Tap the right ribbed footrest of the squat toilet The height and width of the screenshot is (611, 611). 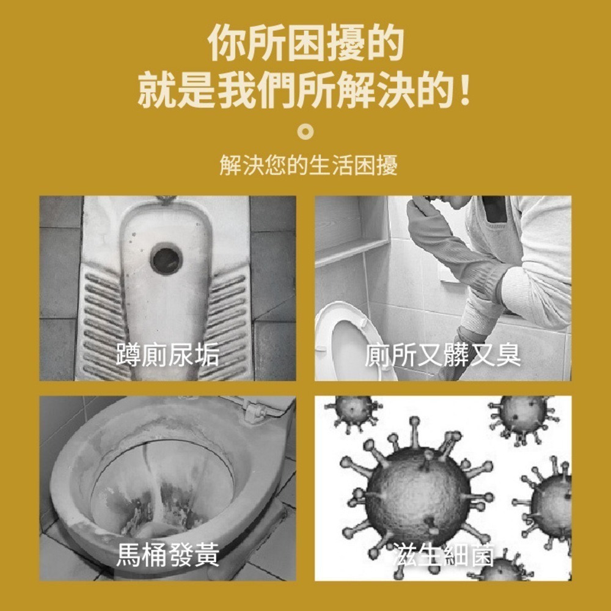(x=229, y=318)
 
